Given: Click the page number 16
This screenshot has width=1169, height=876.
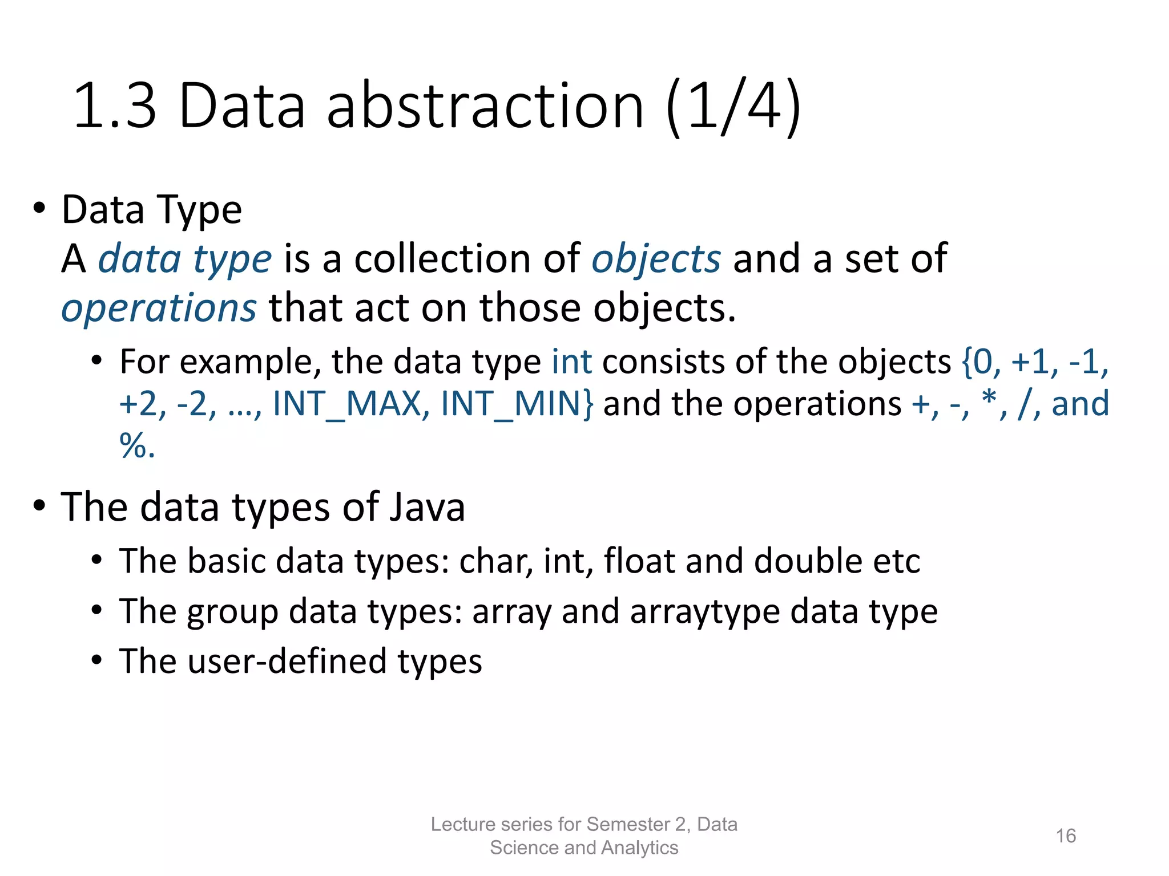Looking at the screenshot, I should tap(1065, 836).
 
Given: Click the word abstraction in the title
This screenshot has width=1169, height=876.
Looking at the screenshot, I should tap(485, 107).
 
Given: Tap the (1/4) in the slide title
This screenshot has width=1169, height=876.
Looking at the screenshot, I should tap(733, 107).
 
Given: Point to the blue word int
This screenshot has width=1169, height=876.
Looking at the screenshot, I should tap(571, 362).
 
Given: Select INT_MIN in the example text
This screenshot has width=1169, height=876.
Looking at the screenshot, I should tap(517, 404).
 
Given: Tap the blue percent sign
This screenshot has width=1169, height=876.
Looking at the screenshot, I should tap(133, 445).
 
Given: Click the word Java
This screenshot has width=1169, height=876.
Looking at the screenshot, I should tap(427, 507).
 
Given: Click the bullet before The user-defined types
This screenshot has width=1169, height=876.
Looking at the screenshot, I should tap(97, 660).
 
